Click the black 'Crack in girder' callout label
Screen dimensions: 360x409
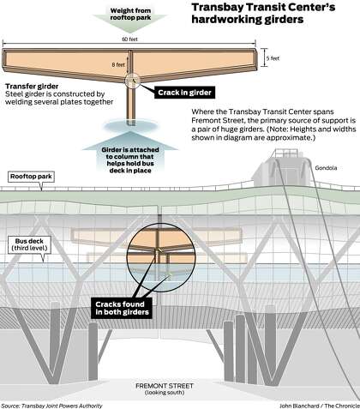(x=184, y=93)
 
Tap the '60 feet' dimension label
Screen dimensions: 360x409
(x=130, y=39)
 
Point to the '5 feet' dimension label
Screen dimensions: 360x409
(x=273, y=58)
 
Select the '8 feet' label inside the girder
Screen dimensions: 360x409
(x=118, y=65)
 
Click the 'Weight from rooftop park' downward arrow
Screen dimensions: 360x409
(x=130, y=18)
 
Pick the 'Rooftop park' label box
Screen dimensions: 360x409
(x=31, y=177)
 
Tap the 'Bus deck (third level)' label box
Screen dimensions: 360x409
(x=29, y=244)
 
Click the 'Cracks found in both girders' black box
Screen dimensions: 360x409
(x=122, y=308)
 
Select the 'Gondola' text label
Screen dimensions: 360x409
(x=326, y=168)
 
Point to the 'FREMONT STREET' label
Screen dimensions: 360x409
(x=165, y=386)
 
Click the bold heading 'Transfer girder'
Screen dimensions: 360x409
(x=32, y=87)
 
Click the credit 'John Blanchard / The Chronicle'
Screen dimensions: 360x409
(x=320, y=406)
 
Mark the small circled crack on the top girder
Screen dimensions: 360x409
(x=133, y=81)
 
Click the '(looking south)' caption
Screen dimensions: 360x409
(x=165, y=393)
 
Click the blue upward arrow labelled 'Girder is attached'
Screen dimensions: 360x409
(x=130, y=152)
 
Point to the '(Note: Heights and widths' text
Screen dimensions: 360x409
(x=311, y=129)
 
